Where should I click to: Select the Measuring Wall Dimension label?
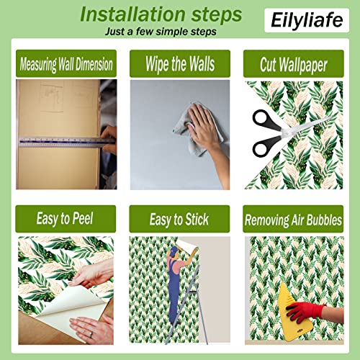coord(65,64)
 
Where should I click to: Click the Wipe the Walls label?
coord(179,64)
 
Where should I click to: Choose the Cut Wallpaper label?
coord(293,64)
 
